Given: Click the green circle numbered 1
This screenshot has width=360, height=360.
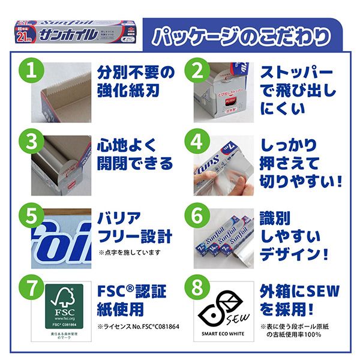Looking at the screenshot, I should [37, 70].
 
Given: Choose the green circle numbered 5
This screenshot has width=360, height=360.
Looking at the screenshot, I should [37, 214].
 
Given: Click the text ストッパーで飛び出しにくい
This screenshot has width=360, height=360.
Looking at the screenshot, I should [297, 90].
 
